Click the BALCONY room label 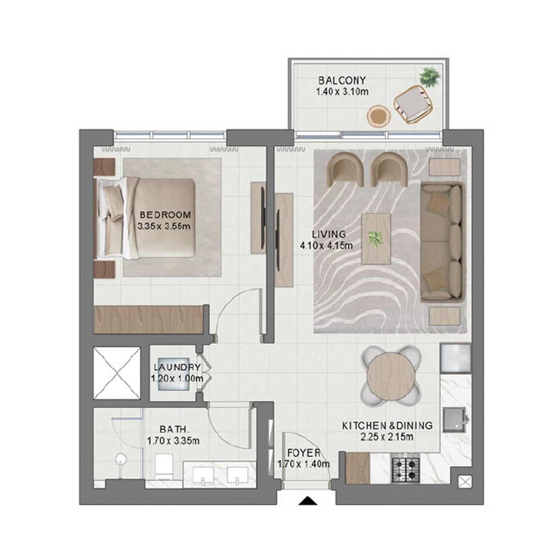click(342, 80)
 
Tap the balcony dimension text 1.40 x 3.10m click(342, 92)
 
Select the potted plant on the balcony click(429, 77)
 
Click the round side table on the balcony click(378, 117)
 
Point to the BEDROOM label click(165, 215)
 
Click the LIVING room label click(329, 234)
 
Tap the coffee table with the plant click(376, 239)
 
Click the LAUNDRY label click(177, 367)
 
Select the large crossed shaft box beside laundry click(117, 373)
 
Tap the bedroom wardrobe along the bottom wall click(149, 320)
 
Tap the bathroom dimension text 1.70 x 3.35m click(173, 441)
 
